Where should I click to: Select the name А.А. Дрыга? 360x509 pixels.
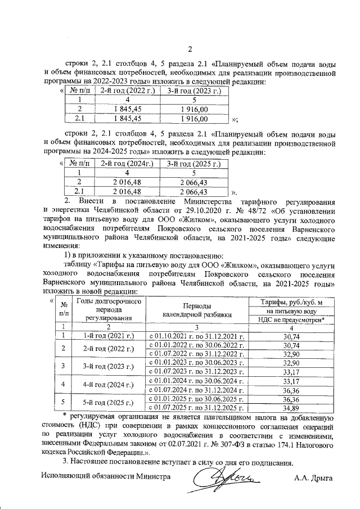[x=313, y=479]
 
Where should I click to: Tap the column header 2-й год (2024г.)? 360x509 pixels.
[x=127, y=164]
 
